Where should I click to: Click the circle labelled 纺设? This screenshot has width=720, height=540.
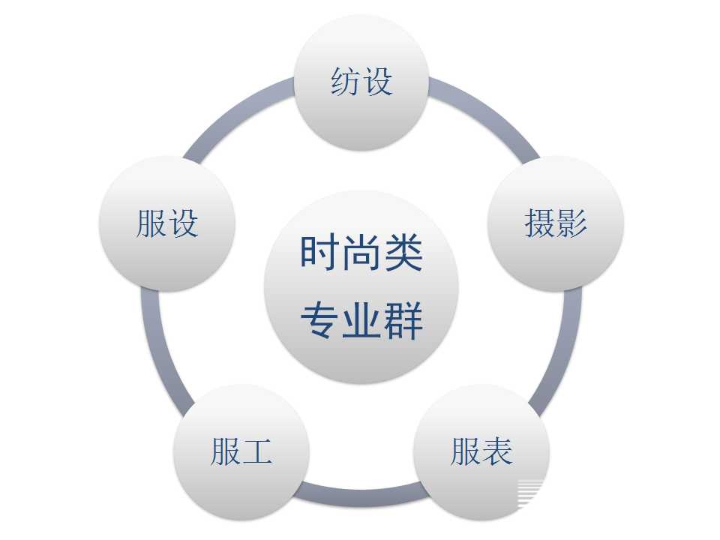pos(361,82)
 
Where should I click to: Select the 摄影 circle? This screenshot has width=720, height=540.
pos(556,223)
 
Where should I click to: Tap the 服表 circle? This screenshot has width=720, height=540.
pos(481,452)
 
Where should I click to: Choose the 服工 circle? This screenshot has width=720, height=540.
pos(241,452)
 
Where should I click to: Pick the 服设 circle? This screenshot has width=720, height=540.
pos(167,223)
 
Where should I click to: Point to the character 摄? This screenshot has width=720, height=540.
pos(539,223)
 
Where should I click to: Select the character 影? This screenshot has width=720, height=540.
pos(571,223)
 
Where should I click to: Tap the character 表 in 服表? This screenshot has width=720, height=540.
pos(498,451)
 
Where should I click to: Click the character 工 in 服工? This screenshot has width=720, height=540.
pos(257,451)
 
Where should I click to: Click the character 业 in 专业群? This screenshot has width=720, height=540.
pos(361,321)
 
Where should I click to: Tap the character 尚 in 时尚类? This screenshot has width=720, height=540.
pos(361,253)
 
